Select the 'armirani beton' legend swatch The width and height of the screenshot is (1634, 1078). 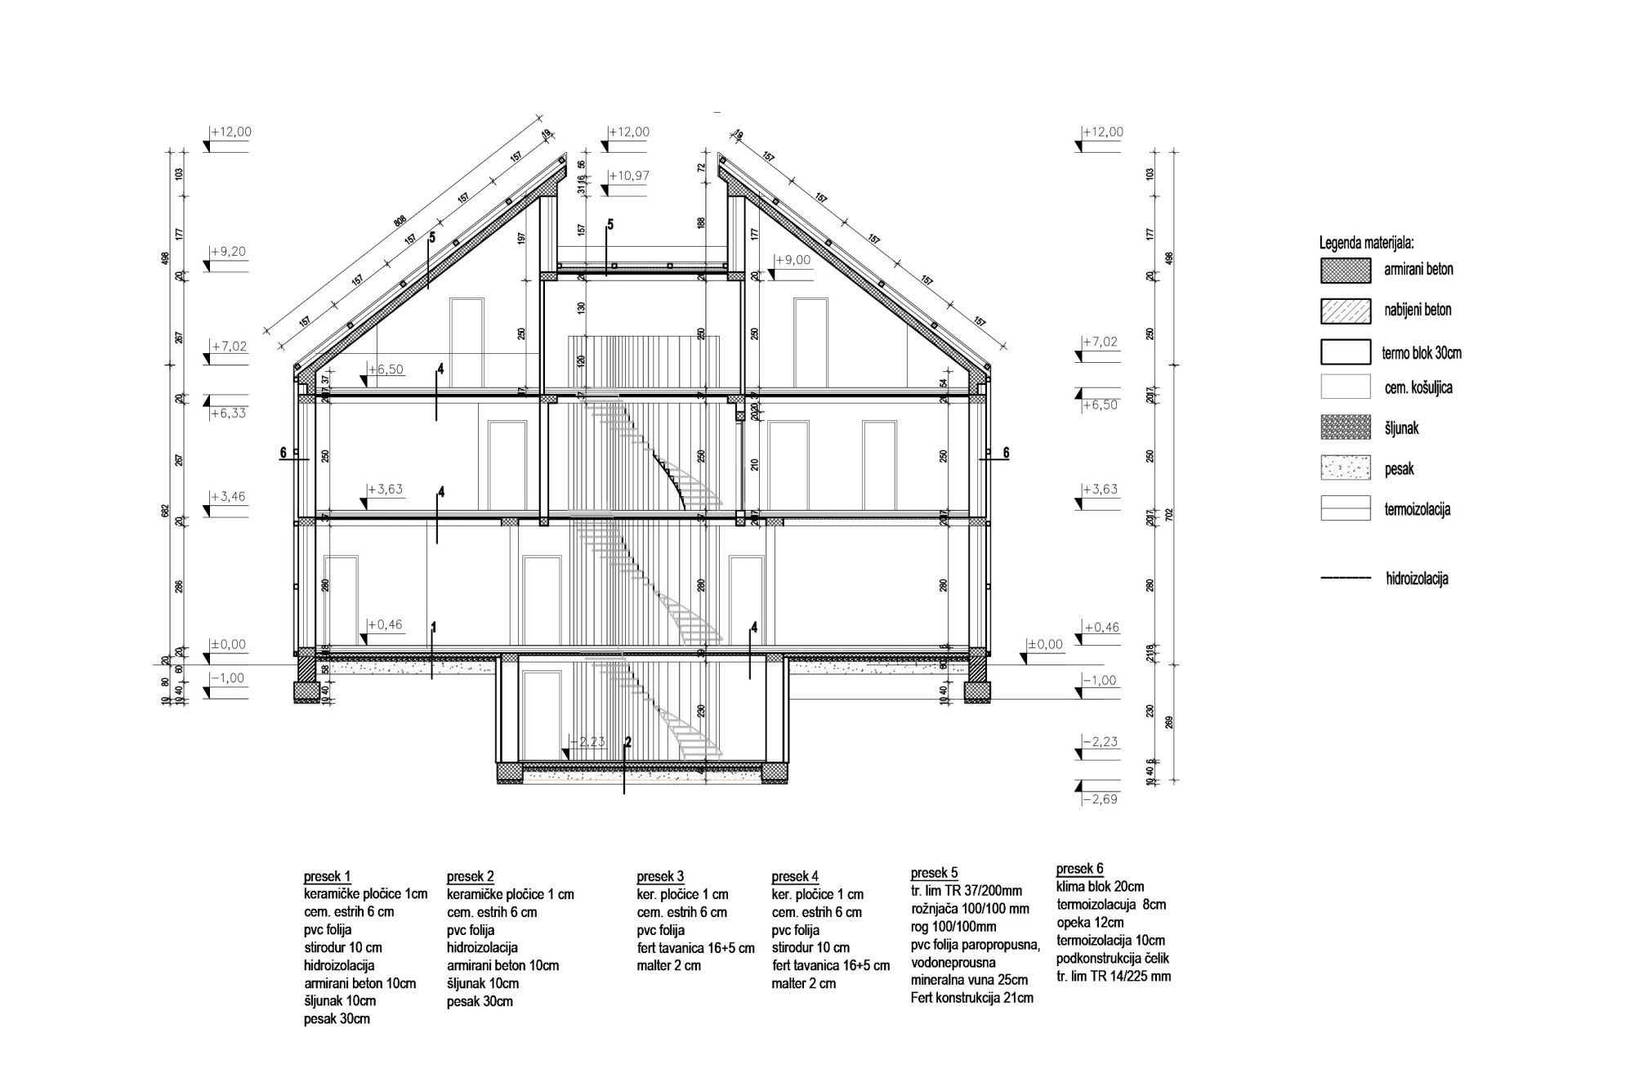click(1345, 271)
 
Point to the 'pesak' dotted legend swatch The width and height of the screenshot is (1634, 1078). click(1345, 468)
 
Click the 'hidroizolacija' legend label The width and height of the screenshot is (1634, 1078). click(1417, 579)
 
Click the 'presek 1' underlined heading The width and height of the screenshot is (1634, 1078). click(327, 876)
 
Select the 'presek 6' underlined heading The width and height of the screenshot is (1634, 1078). click(1079, 868)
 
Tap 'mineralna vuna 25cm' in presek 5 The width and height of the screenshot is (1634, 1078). click(969, 979)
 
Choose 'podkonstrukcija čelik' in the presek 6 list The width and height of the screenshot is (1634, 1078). click(1112, 958)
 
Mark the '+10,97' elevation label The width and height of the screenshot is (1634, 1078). click(629, 176)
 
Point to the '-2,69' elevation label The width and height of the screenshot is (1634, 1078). click(1099, 798)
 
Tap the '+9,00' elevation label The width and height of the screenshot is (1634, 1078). click(792, 259)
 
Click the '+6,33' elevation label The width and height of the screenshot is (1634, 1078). click(228, 413)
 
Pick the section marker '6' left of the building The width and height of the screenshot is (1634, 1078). click(283, 453)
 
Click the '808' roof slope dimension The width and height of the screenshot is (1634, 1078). click(400, 221)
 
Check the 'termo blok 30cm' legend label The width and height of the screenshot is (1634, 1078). click(1421, 353)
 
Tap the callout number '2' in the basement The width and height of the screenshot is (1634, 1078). click(627, 742)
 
